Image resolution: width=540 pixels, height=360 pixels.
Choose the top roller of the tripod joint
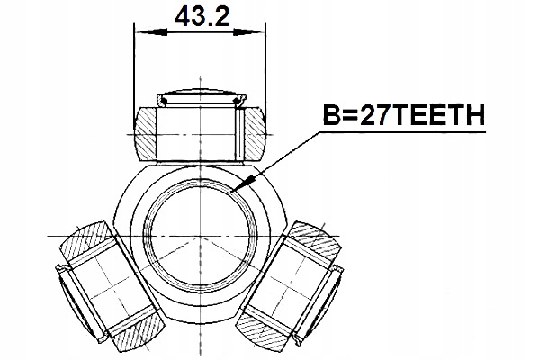tap(199, 130)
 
